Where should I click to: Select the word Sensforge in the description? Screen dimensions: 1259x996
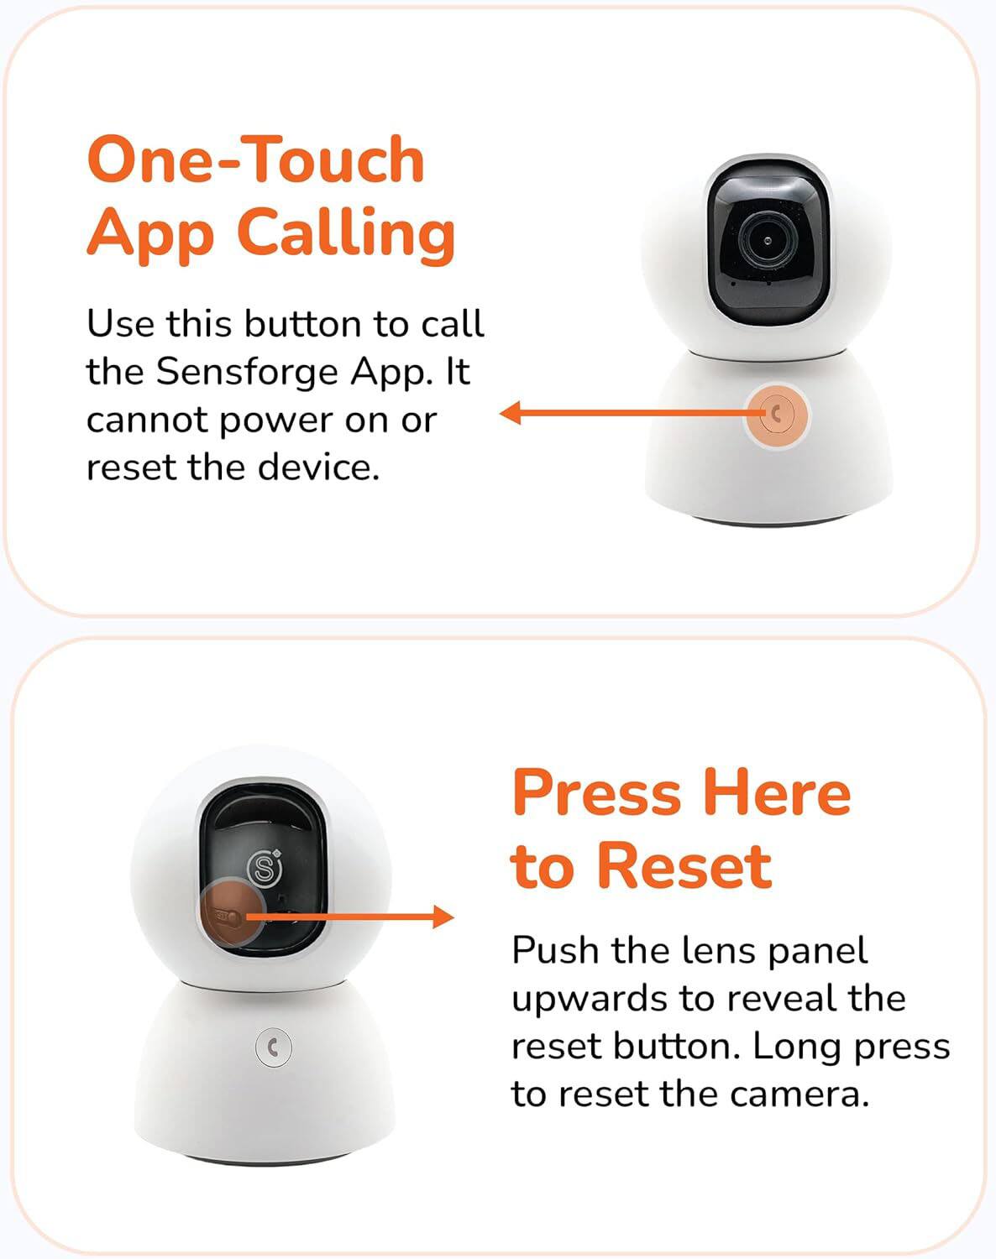(248, 371)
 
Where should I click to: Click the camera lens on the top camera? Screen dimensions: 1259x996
(768, 241)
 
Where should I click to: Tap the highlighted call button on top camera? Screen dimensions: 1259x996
(776, 414)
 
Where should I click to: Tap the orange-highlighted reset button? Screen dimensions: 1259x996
(228, 916)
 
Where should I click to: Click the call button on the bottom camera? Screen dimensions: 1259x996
(273, 1047)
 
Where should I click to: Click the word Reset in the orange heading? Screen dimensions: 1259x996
(684, 866)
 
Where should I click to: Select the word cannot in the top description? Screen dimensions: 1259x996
(147, 419)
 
